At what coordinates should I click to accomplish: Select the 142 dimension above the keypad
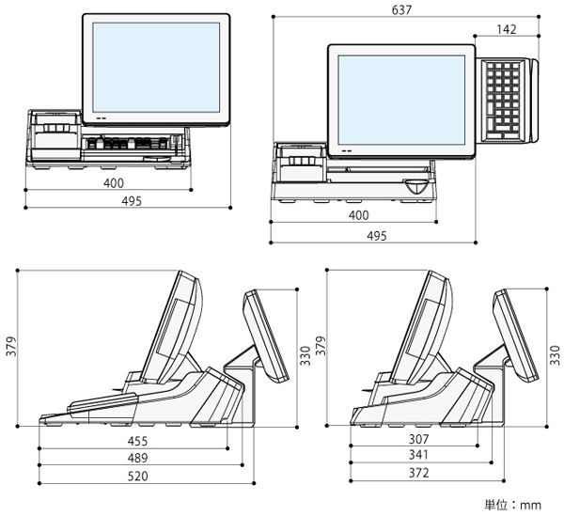pyautogui.click(x=509, y=29)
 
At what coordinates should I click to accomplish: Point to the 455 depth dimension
pyautogui.click(x=136, y=439)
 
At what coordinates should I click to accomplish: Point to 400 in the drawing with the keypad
pyautogui.click(x=358, y=216)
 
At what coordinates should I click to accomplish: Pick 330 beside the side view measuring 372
pyautogui.click(x=555, y=352)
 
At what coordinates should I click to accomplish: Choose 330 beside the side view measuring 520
pyautogui.click(x=304, y=352)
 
